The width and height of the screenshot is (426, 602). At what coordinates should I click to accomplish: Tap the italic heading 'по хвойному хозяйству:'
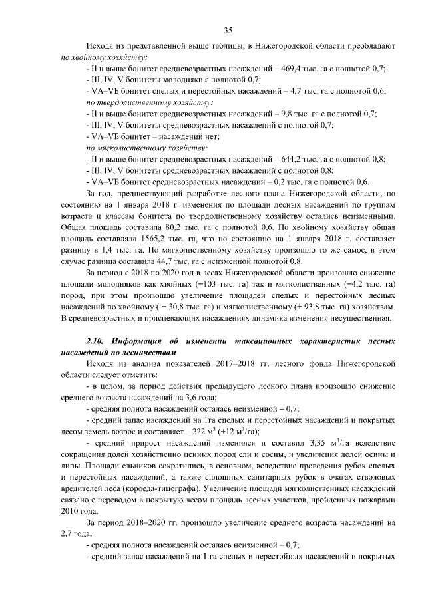point(103,57)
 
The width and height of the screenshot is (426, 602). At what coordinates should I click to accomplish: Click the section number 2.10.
point(97,341)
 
